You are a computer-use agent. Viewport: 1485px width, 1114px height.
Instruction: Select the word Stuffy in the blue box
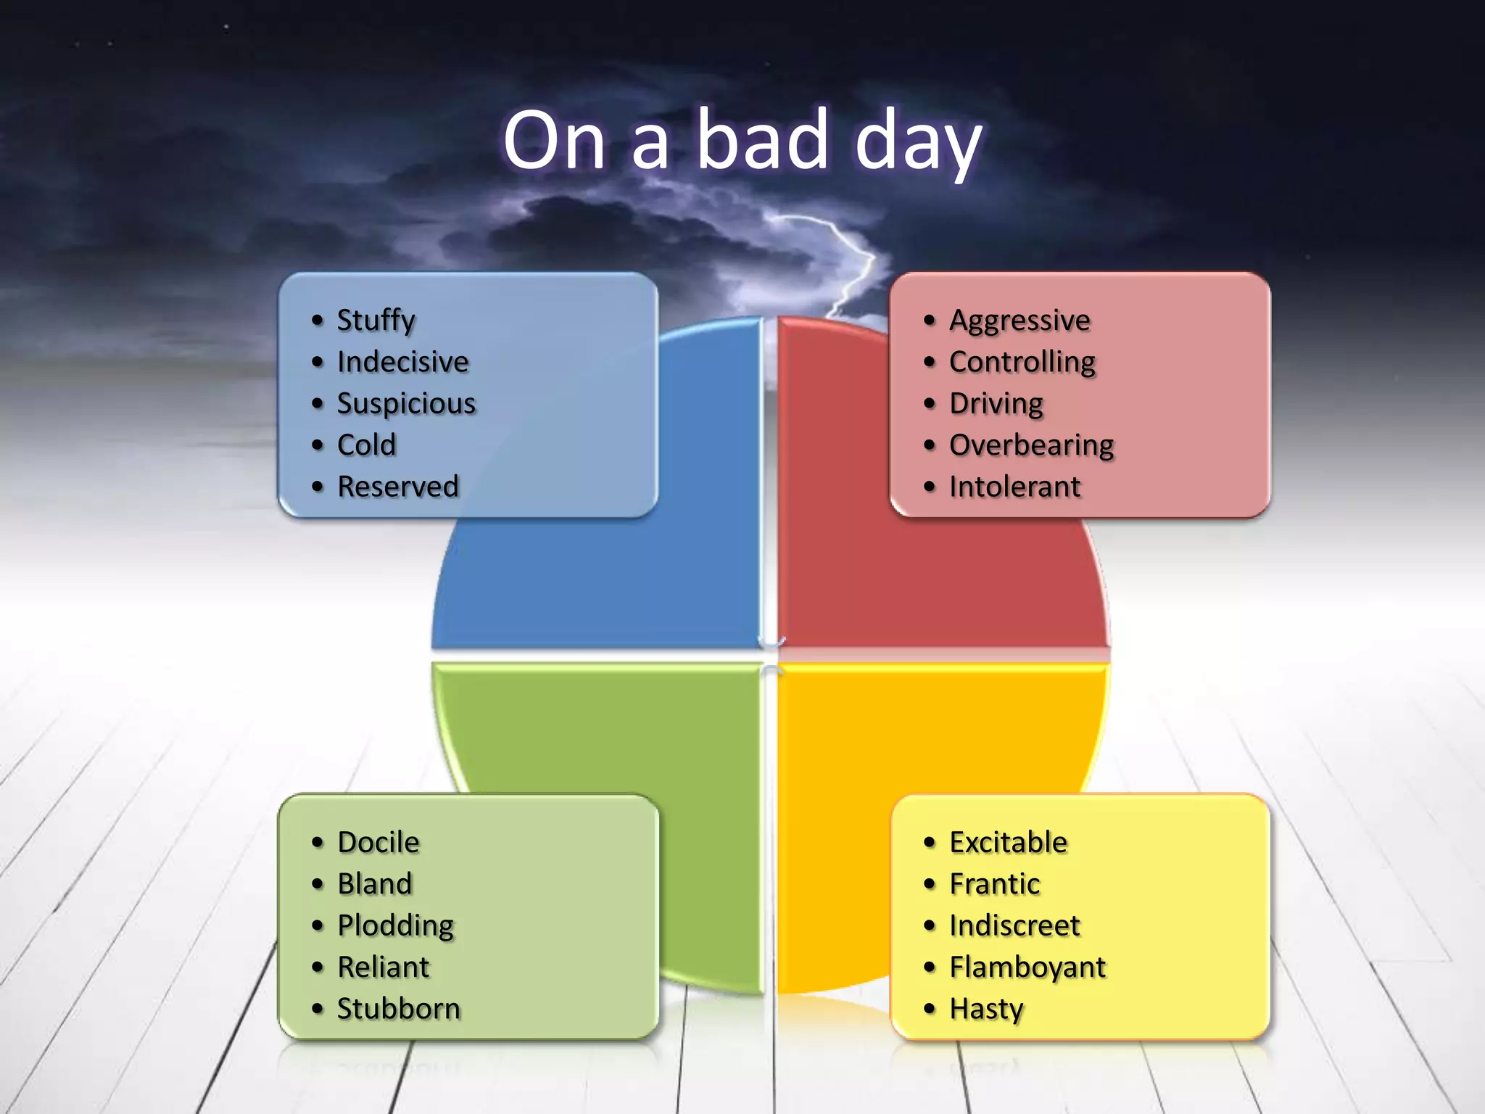[376, 321]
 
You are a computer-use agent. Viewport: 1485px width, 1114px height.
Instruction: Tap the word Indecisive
[402, 362]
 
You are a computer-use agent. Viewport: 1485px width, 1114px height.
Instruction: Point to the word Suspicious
[406, 404]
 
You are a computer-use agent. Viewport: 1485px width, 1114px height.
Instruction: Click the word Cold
[366, 445]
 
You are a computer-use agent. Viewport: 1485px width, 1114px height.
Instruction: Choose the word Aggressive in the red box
[1019, 321]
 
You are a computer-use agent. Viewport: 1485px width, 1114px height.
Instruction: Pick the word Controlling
[1022, 362]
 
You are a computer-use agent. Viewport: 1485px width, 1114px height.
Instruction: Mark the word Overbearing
[1031, 445]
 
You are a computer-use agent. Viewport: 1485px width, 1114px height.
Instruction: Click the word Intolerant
[1014, 487]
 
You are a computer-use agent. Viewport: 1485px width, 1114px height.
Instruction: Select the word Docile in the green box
[378, 843]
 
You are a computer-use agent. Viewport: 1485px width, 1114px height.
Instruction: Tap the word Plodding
[395, 926]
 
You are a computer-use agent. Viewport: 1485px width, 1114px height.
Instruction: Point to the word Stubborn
[398, 1009]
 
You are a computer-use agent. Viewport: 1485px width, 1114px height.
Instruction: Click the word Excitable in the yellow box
[1008, 843]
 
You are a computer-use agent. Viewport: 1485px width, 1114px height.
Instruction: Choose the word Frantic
[994, 884]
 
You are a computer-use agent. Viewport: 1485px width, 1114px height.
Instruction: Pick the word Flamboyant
[1027, 967]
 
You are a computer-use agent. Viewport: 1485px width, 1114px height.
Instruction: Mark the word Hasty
[986, 1009]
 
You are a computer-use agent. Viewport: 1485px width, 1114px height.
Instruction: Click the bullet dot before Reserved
[317, 487]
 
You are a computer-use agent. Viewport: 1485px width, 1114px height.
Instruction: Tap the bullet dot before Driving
[930, 404]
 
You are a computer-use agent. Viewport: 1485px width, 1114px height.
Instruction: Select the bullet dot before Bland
[317, 884]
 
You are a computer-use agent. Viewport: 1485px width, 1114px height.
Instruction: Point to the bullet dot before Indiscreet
[930, 926]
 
